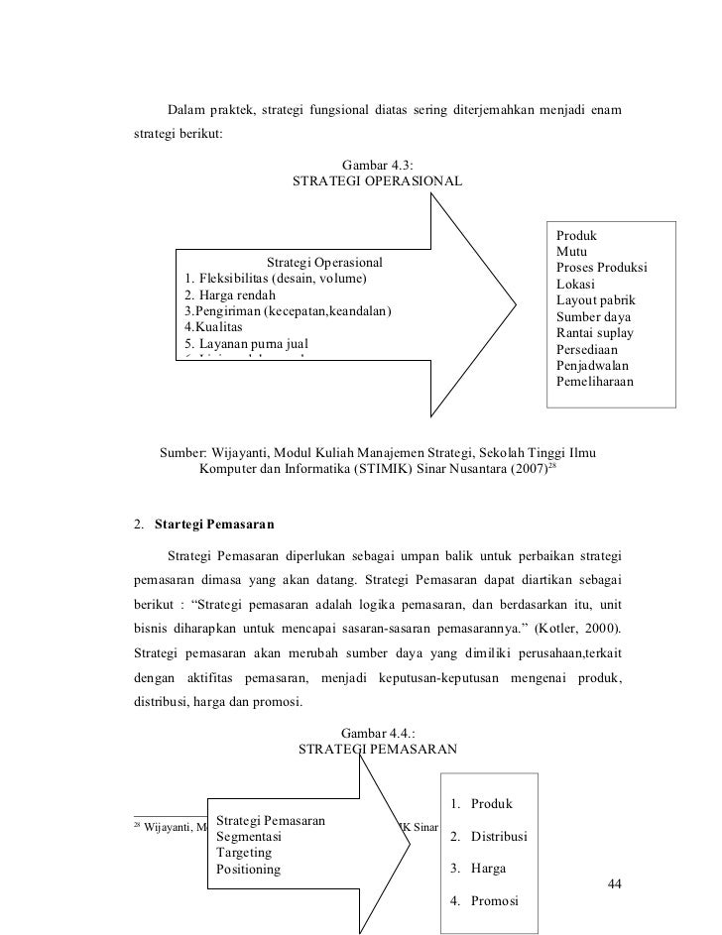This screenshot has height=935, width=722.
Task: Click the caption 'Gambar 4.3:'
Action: click(x=377, y=165)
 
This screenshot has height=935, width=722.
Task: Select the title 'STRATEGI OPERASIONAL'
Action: click(x=377, y=182)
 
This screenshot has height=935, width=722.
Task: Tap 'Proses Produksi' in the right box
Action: click(x=601, y=269)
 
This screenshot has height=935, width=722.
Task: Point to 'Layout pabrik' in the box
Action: click(x=596, y=300)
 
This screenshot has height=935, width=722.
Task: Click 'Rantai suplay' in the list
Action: click(x=594, y=332)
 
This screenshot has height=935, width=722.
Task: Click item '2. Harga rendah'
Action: click(x=231, y=295)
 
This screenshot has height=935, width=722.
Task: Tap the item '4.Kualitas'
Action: click(x=212, y=327)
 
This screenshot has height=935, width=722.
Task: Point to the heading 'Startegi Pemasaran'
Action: click(x=215, y=522)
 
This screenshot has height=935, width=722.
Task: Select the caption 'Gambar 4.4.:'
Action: click(x=377, y=733)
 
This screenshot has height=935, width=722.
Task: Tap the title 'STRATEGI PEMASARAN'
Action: click(x=377, y=750)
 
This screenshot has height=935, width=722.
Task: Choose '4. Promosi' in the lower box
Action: click(x=483, y=901)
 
